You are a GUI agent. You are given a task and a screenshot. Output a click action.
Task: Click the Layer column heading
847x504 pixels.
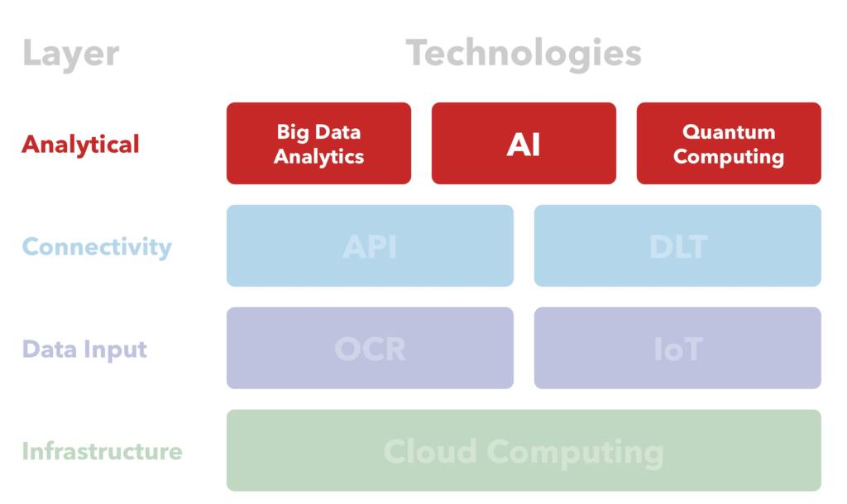pos(70,55)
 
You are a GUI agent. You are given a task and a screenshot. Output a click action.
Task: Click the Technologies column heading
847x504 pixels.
pos(524,55)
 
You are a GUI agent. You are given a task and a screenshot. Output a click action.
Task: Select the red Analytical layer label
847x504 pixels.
pos(80,145)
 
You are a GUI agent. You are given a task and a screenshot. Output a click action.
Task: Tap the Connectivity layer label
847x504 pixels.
pos(97,247)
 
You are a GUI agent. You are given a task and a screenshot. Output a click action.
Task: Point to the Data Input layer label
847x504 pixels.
pos(84,349)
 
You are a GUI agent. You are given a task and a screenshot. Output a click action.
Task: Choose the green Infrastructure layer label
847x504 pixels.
pos(102,451)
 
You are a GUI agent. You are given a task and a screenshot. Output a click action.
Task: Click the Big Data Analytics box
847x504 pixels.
pos(318,143)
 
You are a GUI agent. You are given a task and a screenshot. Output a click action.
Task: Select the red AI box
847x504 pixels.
pos(524,144)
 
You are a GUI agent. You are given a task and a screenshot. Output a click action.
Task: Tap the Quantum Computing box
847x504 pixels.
pos(729,143)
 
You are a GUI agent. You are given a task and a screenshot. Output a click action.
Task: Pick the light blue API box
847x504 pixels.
pos(370,246)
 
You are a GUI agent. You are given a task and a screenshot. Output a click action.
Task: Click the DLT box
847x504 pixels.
pos(677,246)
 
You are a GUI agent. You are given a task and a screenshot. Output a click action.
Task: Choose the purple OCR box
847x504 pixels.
pos(370,349)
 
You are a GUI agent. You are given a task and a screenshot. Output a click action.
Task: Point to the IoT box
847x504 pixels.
pos(677,349)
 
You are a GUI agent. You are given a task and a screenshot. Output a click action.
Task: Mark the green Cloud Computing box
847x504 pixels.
pos(524,451)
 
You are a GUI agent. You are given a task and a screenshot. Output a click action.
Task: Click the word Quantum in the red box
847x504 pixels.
pos(729,131)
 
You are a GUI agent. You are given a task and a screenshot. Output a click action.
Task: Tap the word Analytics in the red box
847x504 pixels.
pos(318,156)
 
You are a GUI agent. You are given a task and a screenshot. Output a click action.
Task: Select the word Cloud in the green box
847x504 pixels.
pos(430,452)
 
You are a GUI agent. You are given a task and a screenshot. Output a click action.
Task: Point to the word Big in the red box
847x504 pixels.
pos(291,131)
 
